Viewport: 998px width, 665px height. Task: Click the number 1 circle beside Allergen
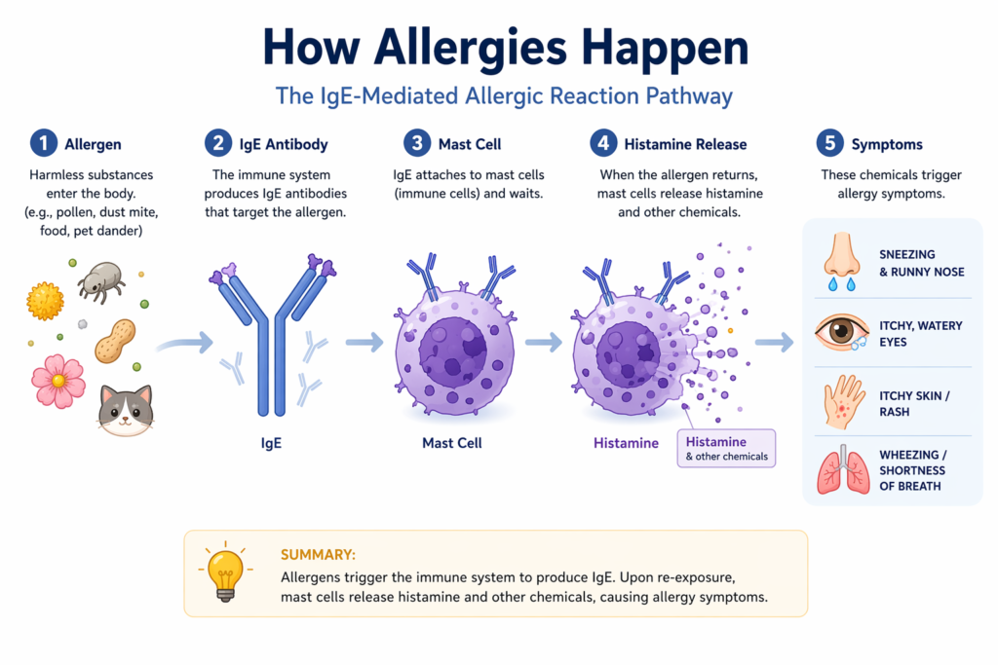(x=43, y=144)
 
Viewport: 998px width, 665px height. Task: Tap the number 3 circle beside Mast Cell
(x=418, y=144)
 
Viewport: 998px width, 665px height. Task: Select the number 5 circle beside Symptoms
(x=829, y=144)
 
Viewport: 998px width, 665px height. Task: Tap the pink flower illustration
(x=58, y=381)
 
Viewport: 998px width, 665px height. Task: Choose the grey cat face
(x=126, y=409)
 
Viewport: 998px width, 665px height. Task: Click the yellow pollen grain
(x=45, y=302)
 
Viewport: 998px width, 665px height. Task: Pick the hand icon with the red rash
(x=842, y=401)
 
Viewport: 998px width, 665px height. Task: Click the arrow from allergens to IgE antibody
(x=184, y=342)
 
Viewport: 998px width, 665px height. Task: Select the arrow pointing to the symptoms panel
(x=775, y=342)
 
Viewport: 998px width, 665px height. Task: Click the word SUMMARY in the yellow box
(x=318, y=555)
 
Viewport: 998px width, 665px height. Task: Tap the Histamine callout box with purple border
(x=726, y=448)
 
